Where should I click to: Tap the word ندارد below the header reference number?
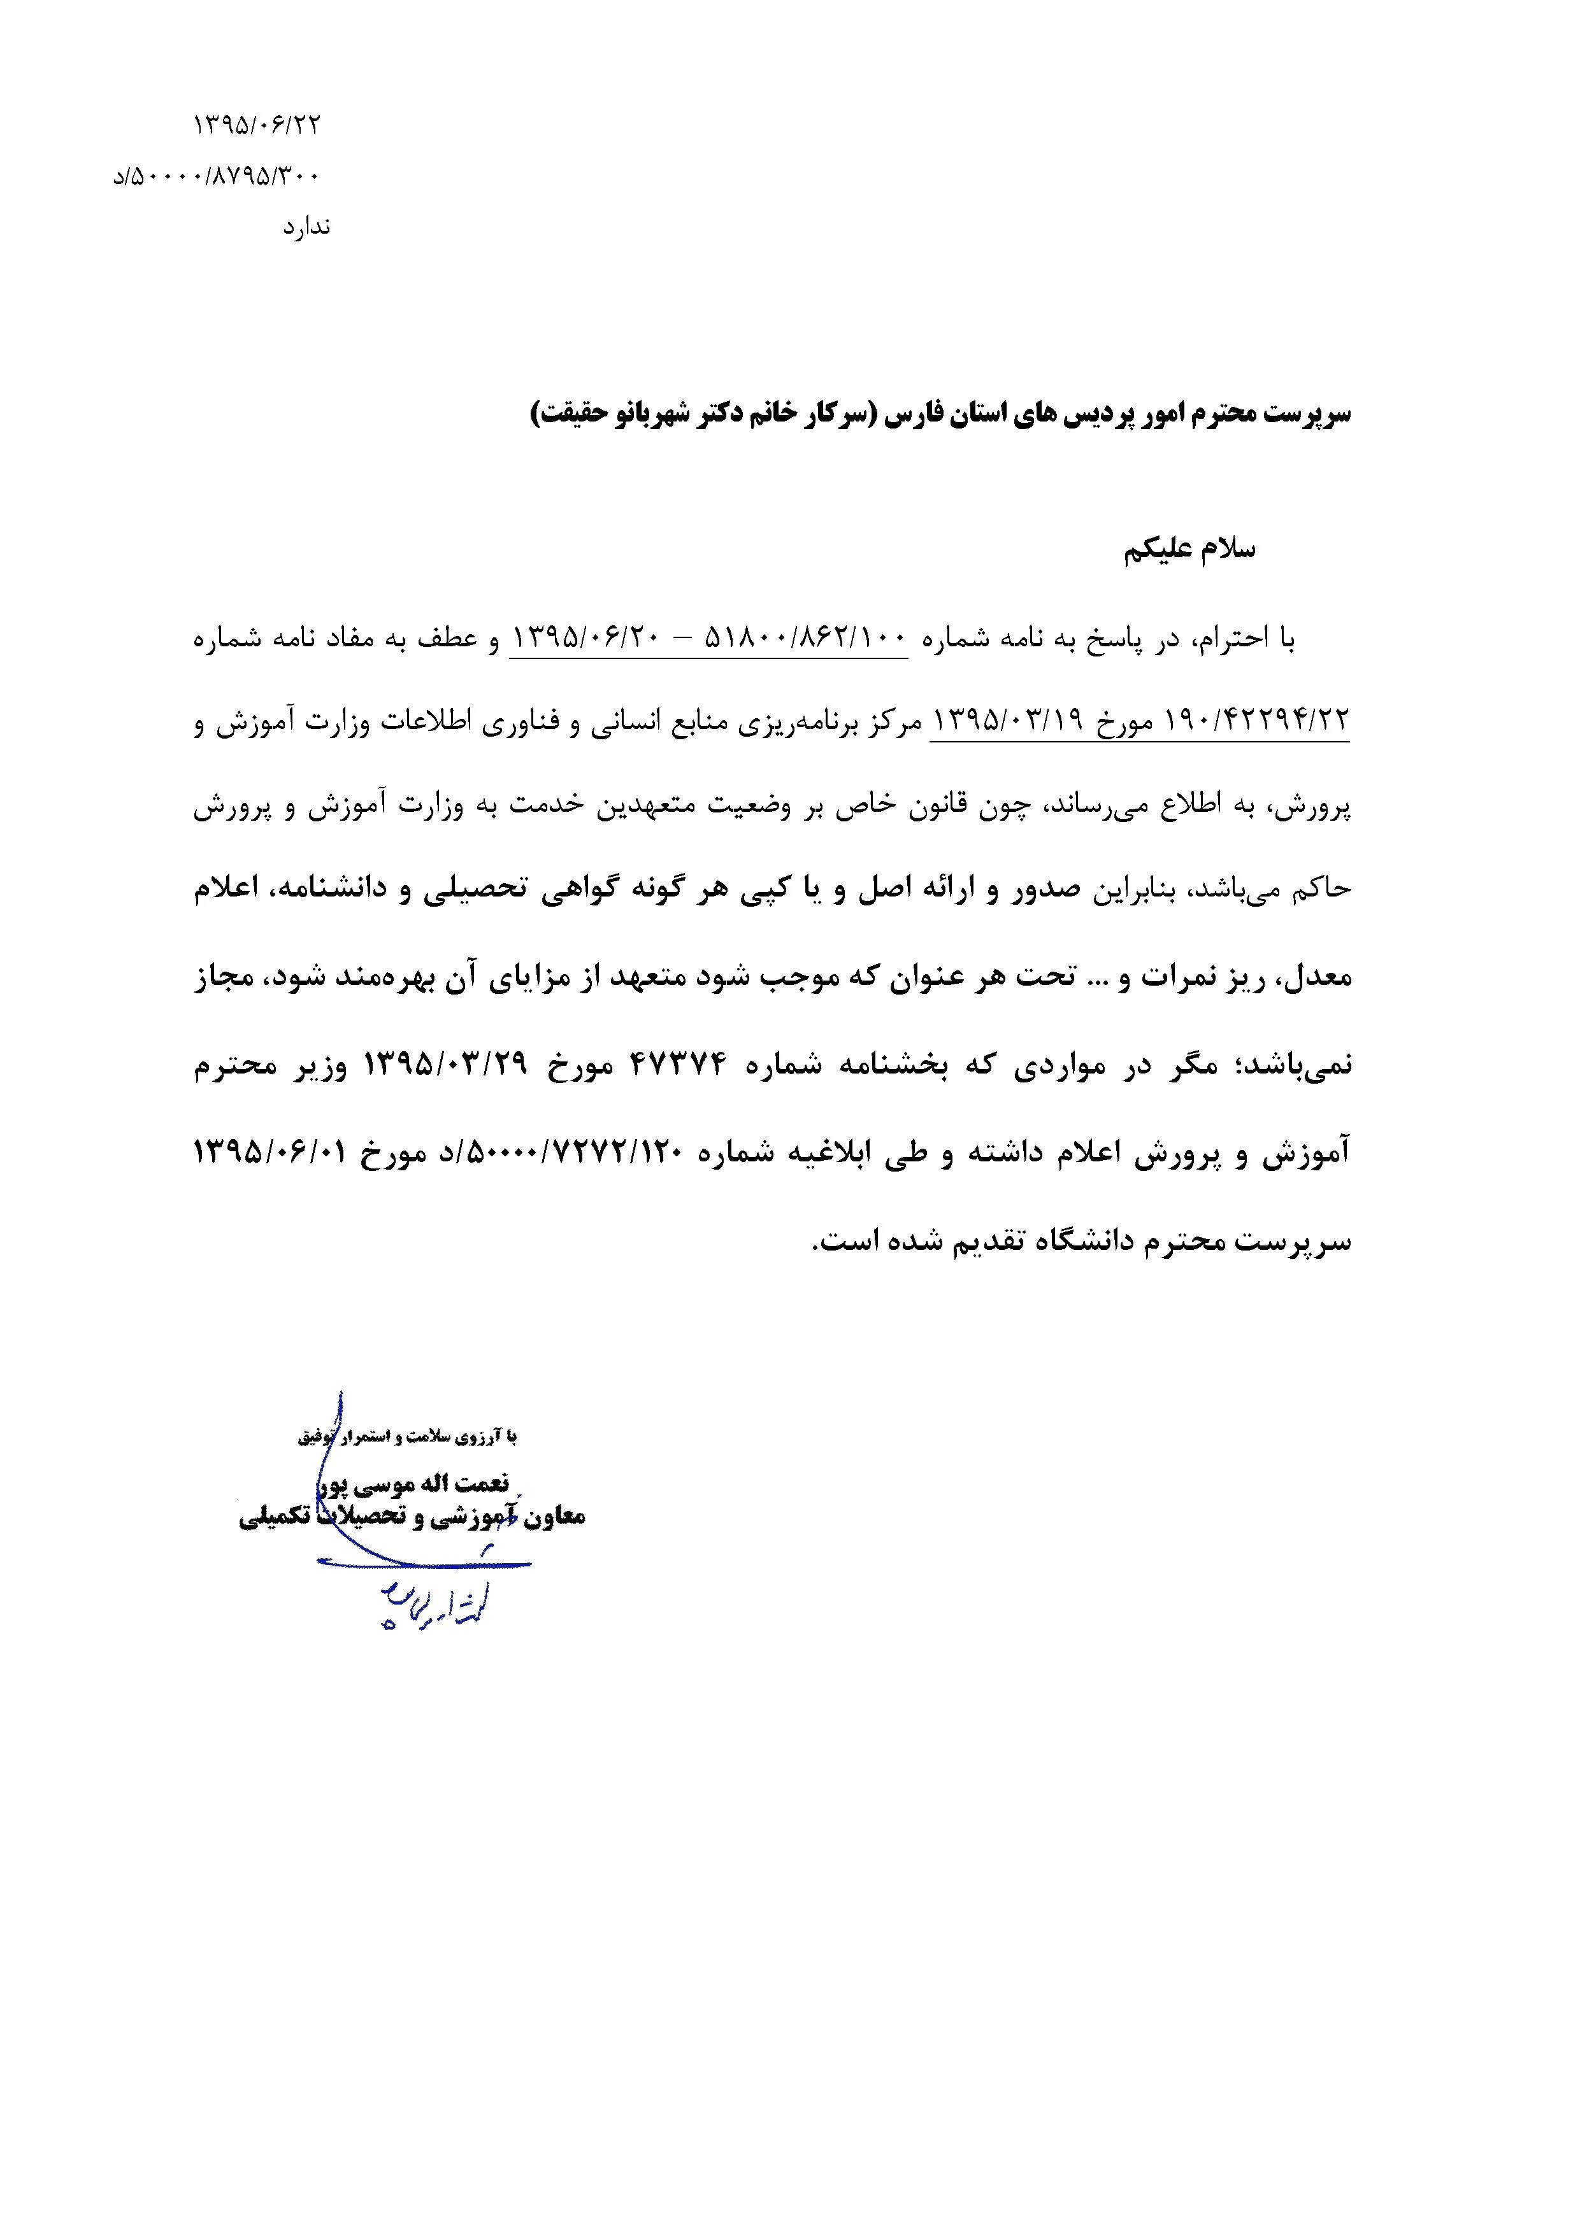coord(306,227)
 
